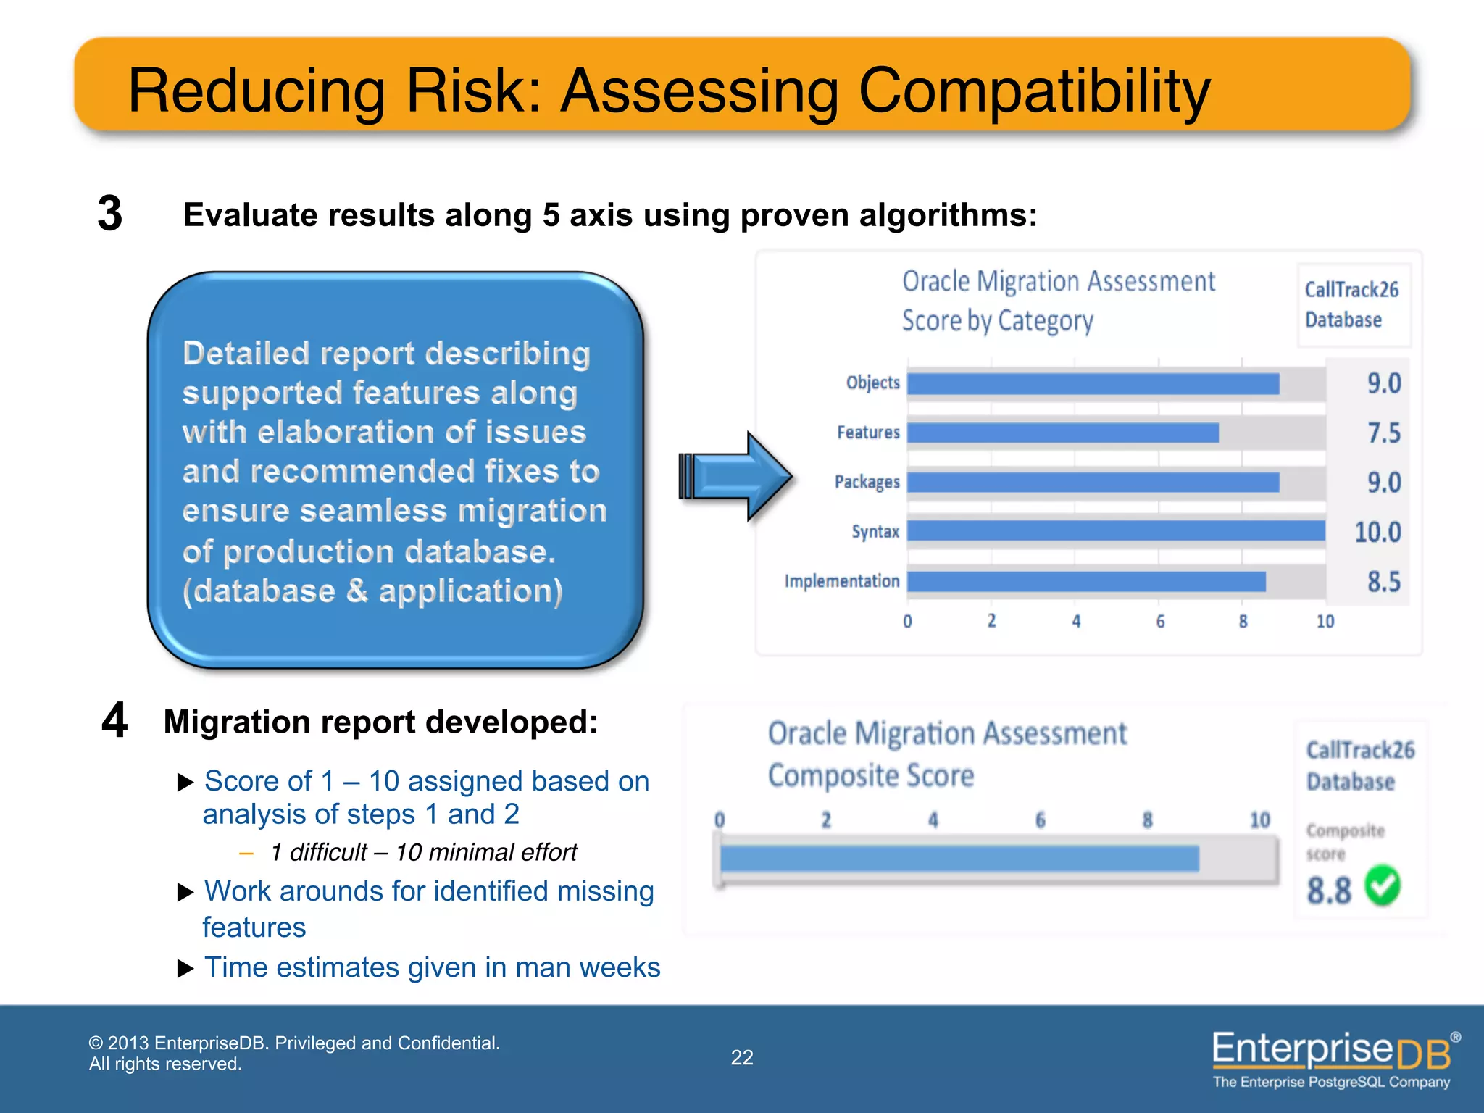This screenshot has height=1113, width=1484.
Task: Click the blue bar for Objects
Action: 1093,383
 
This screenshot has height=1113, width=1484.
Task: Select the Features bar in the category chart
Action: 1062,433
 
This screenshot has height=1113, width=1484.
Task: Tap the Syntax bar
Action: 1116,531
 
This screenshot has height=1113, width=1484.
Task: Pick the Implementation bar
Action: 1085,581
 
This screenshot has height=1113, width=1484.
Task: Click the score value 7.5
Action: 1383,433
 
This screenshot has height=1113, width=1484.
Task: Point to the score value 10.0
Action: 1377,533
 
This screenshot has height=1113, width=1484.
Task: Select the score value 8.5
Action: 1383,582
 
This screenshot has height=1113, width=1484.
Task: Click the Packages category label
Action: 867,483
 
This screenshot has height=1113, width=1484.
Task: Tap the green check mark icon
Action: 1383,886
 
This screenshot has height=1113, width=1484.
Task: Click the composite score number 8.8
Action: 1329,891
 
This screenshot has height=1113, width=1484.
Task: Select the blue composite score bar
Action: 959,859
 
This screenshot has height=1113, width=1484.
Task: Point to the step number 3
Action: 110,214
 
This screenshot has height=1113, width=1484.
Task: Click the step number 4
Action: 114,721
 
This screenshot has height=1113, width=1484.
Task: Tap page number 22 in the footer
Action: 741,1057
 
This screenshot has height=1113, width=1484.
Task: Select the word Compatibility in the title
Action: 1034,91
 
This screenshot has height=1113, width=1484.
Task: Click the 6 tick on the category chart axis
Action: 1160,622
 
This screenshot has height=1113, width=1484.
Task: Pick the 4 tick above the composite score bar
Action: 933,820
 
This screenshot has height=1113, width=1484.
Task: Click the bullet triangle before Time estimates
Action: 185,969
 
